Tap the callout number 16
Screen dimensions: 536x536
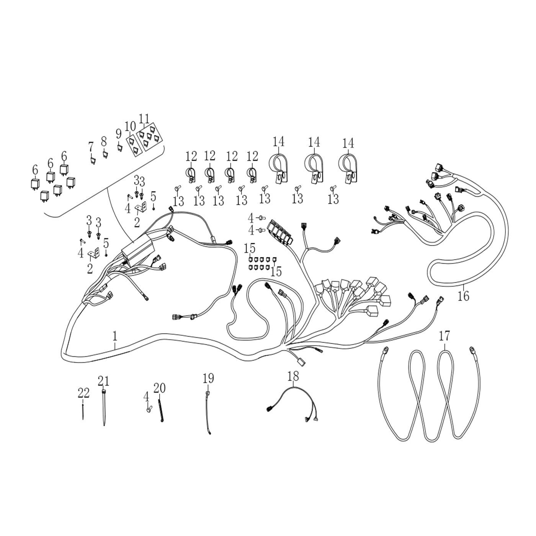pyautogui.click(x=463, y=296)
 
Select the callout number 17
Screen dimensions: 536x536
pyautogui.click(x=444, y=336)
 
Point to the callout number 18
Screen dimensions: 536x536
pyautogui.click(x=293, y=376)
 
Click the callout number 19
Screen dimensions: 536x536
pyautogui.click(x=208, y=379)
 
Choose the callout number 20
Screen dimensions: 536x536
pyautogui.click(x=159, y=388)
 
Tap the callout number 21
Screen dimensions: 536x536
pyautogui.click(x=103, y=381)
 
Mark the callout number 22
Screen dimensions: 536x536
pyautogui.click(x=83, y=393)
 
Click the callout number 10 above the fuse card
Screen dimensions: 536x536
pyautogui.click(x=130, y=126)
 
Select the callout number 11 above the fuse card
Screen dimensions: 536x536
pyautogui.click(x=144, y=118)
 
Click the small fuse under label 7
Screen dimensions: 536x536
pyautogui.click(x=92, y=160)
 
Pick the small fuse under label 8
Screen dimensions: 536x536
pyautogui.click(x=105, y=154)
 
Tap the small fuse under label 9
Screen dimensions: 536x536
pyautogui.click(x=119, y=147)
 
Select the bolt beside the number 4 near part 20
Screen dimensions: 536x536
pyautogui.click(x=148, y=409)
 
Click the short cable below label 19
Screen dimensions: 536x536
pyautogui.click(x=207, y=415)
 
